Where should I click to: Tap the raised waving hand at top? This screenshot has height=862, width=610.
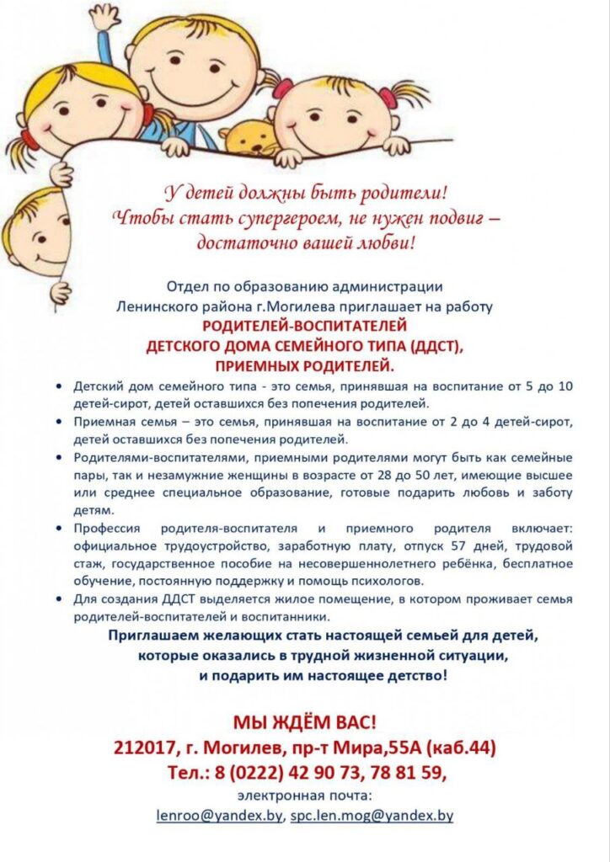click(x=106, y=18)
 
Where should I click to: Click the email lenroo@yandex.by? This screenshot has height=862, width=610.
click(x=220, y=816)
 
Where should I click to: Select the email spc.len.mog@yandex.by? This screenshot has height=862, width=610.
click(x=372, y=816)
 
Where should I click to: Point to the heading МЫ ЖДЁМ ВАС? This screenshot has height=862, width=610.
click(x=305, y=721)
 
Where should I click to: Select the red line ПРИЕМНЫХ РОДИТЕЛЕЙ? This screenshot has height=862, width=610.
click(x=305, y=365)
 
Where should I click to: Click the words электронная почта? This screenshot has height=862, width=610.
click(x=305, y=794)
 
